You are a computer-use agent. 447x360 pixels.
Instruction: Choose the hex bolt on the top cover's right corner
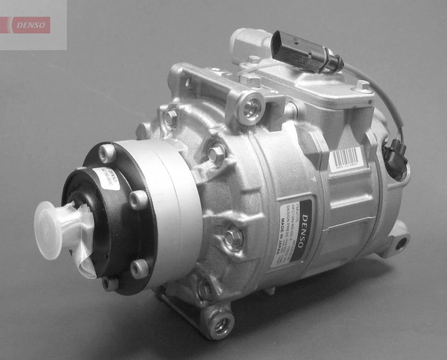pos(362,86)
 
